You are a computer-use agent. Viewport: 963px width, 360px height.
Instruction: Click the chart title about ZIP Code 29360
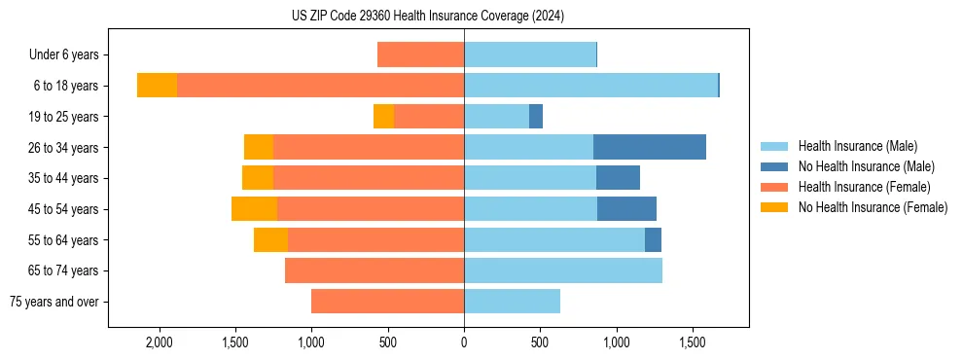tap(427, 17)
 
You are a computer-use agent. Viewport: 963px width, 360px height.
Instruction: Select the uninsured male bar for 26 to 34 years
tap(649, 147)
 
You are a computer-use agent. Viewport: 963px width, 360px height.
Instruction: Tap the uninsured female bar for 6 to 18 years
tap(157, 86)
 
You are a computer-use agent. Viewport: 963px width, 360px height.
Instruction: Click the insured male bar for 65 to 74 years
tap(563, 270)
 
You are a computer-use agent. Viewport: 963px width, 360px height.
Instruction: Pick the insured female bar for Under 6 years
tap(420, 54)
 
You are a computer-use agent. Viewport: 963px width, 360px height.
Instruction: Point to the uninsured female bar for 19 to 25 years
tap(383, 117)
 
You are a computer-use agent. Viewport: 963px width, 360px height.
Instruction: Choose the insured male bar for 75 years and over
tap(512, 302)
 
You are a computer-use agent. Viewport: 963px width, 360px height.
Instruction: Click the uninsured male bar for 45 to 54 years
tap(626, 209)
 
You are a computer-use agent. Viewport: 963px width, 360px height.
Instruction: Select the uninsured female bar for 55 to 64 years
tap(270, 240)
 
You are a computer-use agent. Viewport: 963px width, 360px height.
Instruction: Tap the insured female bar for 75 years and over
tap(387, 302)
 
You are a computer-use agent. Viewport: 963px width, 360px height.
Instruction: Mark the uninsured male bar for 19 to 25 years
tap(536, 117)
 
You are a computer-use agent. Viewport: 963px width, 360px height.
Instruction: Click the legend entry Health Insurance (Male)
tap(857, 146)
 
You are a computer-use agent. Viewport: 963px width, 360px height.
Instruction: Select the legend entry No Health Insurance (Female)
tap(873, 207)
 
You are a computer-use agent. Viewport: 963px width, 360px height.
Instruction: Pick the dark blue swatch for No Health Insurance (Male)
tap(774, 166)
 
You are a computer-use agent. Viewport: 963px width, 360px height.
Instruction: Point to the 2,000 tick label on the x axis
tap(159, 343)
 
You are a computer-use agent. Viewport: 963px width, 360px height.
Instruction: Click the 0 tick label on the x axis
tap(464, 343)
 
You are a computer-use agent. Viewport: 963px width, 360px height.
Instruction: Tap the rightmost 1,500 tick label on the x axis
tap(693, 343)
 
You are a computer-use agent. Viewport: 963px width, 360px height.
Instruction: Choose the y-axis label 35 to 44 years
tap(63, 178)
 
